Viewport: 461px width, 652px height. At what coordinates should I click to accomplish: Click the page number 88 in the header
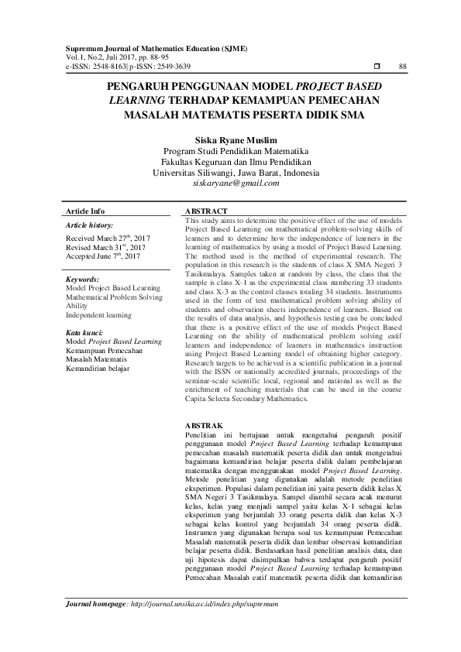(402, 67)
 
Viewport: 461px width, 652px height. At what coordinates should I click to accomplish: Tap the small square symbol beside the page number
(377, 67)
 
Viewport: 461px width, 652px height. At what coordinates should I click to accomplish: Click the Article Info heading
(85, 211)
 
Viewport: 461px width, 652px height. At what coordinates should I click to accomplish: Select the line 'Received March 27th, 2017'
(108, 237)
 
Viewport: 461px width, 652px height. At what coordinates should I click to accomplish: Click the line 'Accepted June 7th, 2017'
(103, 255)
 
